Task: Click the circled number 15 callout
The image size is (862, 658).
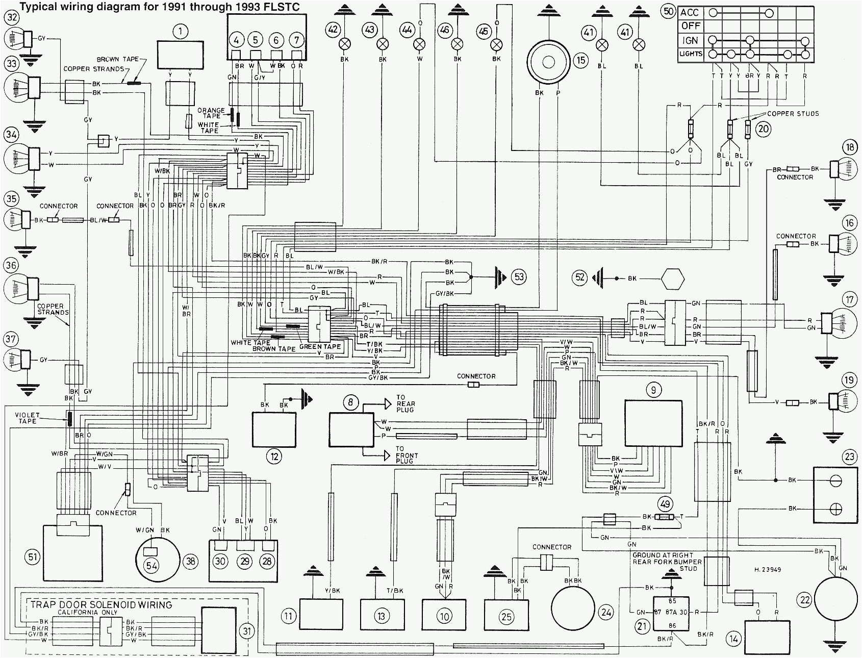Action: [580, 60]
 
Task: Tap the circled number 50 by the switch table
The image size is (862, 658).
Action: [669, 11]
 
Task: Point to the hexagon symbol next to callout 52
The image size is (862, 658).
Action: [672, 279]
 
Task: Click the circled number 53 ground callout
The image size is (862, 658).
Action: [519, 277]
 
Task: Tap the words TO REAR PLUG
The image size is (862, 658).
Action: [405, 403]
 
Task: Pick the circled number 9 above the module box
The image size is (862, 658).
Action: [653, 390]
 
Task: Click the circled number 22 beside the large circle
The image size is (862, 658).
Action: [805, 600]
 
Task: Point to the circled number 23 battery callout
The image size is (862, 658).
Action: [849, 457]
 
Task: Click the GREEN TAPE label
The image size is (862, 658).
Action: [320, 347]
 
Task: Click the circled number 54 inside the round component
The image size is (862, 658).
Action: [151, 565]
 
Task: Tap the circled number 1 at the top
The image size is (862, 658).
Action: [180, 32]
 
